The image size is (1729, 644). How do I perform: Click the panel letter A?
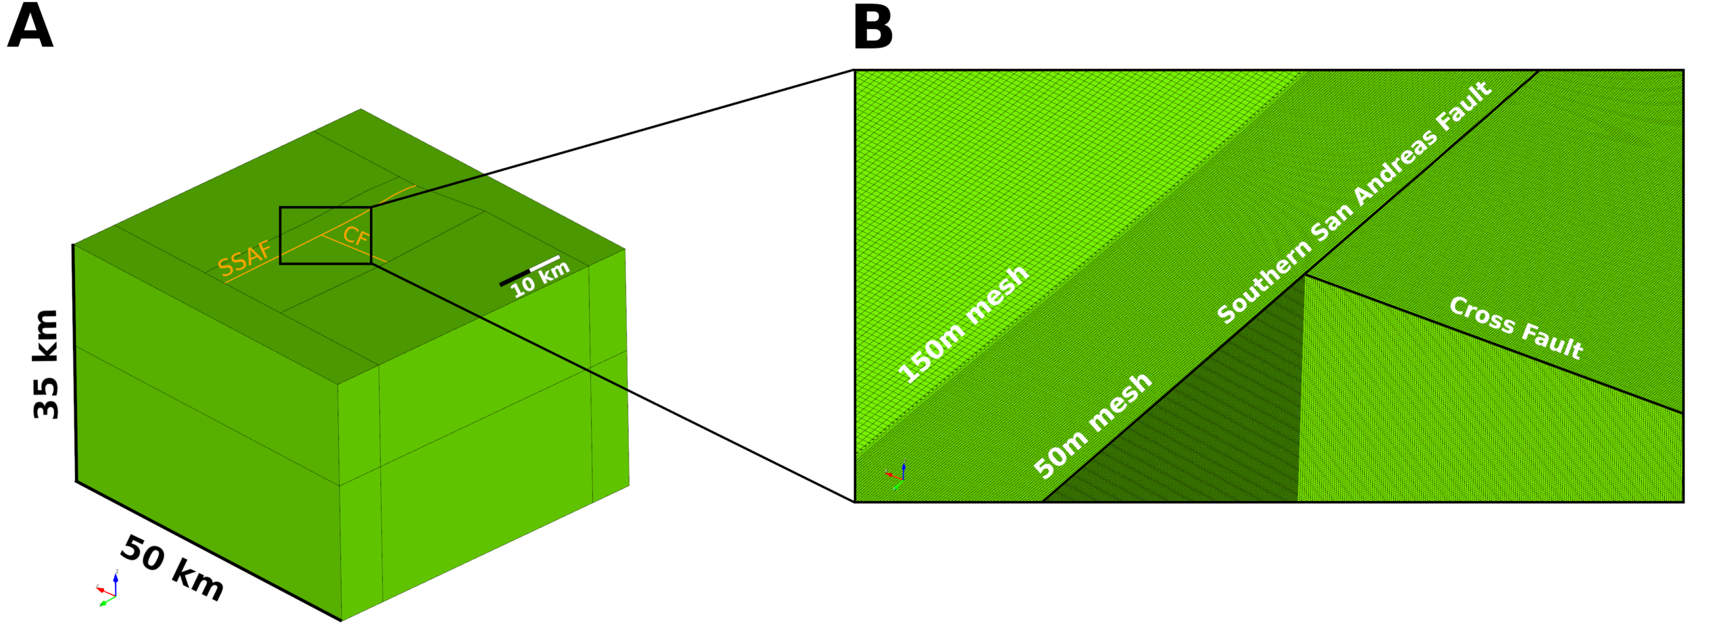point(30,27)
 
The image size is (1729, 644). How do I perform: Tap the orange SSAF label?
point(244,258)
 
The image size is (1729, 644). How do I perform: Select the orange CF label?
point(356,236)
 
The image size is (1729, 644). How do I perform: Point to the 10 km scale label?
point(540,279)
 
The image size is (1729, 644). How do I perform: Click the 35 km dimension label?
point(47,365)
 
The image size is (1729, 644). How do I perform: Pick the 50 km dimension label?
point(172,568)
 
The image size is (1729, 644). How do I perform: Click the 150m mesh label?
point(962,325)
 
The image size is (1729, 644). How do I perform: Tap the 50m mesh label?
point(1092,425)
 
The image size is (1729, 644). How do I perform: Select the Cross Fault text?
point(1516,328)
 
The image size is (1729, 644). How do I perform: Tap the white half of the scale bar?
point(545,263)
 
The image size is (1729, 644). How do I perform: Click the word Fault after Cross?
point(1551,340)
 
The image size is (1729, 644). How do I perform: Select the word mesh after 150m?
point(997,295)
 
